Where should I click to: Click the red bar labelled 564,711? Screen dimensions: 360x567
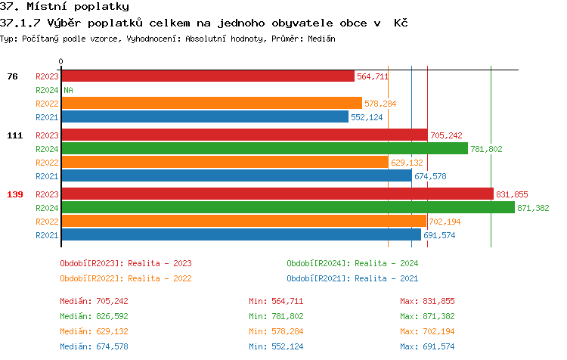click(207, 76)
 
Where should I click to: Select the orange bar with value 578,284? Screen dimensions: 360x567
click(212, 104)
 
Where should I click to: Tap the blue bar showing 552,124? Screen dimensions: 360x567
click(205, 117)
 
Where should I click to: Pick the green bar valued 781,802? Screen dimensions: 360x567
click(265, 149)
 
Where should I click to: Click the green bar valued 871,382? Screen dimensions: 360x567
click(288, 208)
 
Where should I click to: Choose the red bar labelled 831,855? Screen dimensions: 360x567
click(277, 194)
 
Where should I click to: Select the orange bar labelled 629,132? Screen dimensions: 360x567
click(225, 163)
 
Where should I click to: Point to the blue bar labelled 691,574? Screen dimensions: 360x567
click(241, 235)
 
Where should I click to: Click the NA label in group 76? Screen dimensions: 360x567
click(68, 90)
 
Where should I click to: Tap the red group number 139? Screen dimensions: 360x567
click(15, 194)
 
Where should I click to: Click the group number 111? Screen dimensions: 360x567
click(15, 135)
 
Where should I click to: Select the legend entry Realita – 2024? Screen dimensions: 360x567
click(352, 263)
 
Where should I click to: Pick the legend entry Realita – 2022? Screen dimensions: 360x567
click(125, 278)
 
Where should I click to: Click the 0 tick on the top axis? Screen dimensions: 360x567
click(61, 61)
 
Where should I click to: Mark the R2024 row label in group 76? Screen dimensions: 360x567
click(47, 90)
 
